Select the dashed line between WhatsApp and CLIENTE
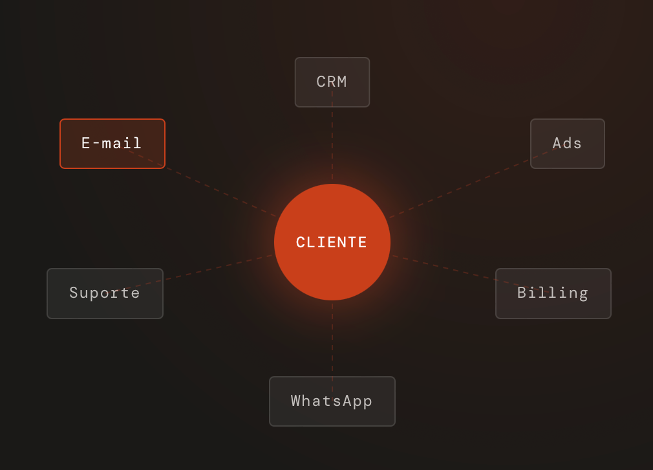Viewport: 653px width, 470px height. click(x=332, y=338)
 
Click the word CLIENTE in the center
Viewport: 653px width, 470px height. click(x=332, y=243)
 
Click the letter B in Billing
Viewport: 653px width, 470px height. click(x=522, y=293)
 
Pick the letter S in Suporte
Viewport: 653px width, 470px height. click(x=74, y=293)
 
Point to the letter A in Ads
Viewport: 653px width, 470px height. click(x=557, y=143)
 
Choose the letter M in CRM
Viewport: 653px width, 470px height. click(x=342, y=82)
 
